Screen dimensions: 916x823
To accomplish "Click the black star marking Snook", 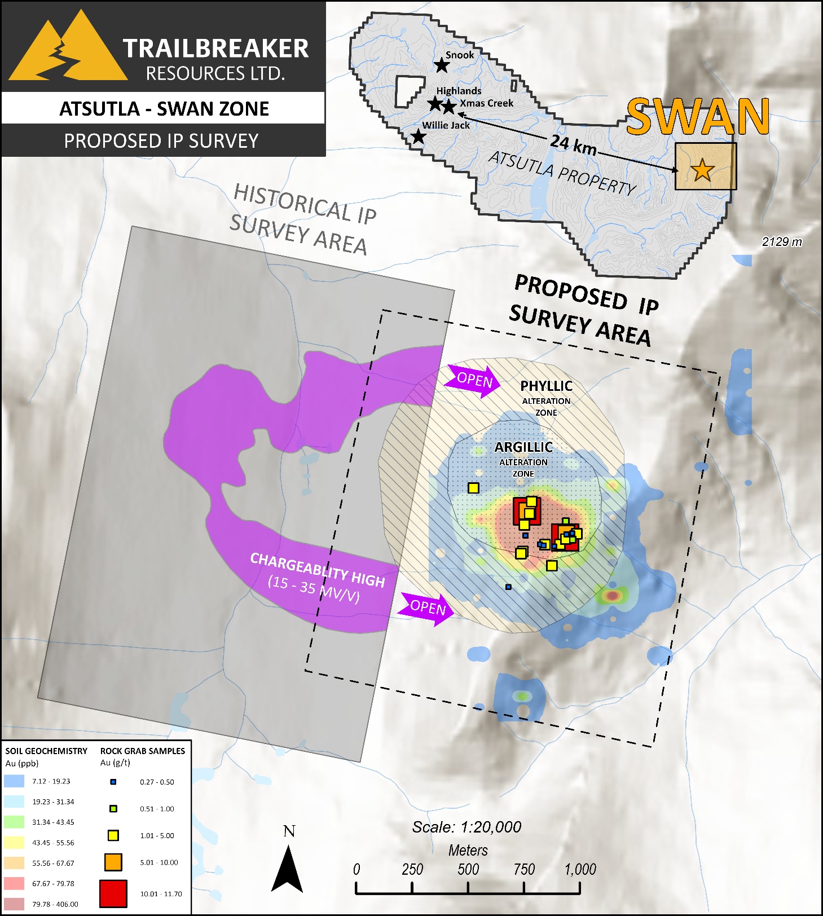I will point(442,65).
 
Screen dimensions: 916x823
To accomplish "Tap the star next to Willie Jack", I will point(417,136).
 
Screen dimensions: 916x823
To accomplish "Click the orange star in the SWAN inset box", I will point(702,170).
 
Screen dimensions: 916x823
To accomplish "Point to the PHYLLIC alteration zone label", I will point(546,386).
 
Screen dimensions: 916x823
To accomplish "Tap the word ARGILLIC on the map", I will point(523,447).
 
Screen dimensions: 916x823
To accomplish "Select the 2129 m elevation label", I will point(781,242).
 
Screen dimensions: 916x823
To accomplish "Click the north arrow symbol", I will point(288,869).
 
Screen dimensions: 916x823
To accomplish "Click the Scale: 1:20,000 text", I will point(466,827).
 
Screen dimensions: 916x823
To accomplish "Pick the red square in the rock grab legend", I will point(113,893).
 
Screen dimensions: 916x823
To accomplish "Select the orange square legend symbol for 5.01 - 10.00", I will point(113,862).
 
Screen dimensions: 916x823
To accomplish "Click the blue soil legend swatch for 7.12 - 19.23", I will point(14,781).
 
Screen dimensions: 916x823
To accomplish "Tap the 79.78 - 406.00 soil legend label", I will point(55,904).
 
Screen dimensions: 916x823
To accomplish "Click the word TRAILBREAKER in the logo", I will point(215,49).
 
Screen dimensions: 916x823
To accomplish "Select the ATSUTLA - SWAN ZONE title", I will point(164,108).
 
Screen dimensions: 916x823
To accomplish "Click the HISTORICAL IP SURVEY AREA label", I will point(302,219).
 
